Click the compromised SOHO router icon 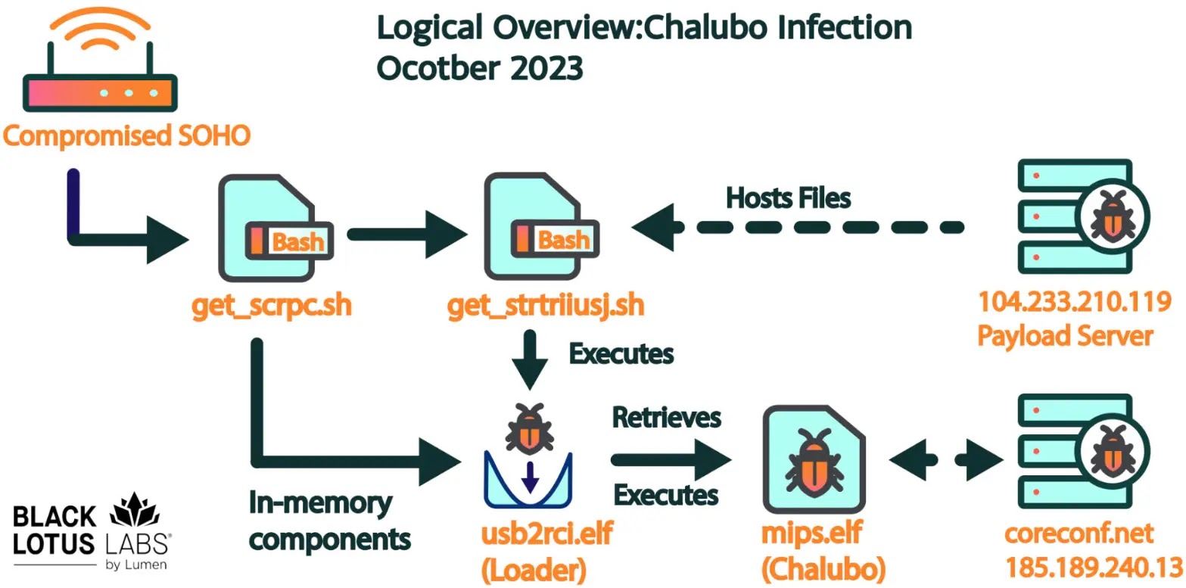tap(100, 60)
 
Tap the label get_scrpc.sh tap(272, 306)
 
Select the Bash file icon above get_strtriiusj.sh tap(542, 226)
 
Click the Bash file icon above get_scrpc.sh tap(275, 228)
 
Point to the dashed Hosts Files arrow tap(798, 228)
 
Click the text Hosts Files tap(788, 198)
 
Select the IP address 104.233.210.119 tap(1074, 302)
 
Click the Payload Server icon tap(1083, 216)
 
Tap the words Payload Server tap(1065, 336)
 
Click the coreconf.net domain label tap(1079, 533)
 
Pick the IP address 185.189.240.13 tap(1094, 568)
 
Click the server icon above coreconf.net tap(1083, 451)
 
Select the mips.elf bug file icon tap(814, 459)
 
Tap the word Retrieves tap(666, 418)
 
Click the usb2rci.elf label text tap(547, 533)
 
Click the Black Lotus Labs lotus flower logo tap(135, 510)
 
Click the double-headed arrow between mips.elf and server tap(945, 460)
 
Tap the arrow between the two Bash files tap(407, 235)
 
